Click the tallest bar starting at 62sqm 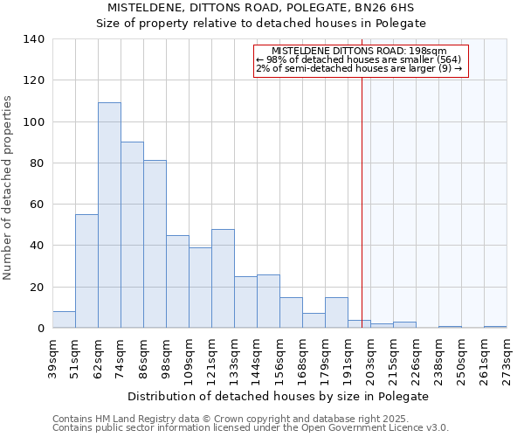coord(109,215)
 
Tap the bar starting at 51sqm coord(86,271)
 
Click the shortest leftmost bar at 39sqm coord(64,320)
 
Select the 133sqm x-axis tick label coord(234,357)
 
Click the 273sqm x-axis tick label coord(507,357)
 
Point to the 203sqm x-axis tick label coord(370,357)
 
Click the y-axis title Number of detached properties coord(9,188)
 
